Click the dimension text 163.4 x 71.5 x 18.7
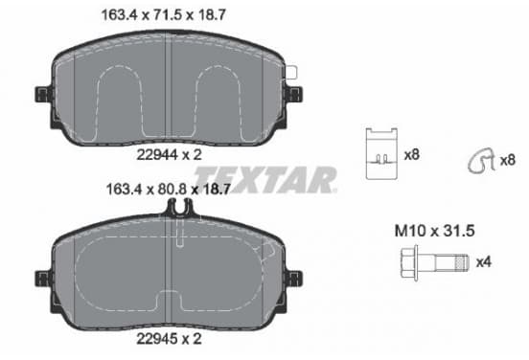pos(164,15)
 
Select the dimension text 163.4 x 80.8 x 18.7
pos(168,190)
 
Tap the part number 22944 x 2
pos(169,155)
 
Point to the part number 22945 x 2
pos(169,338)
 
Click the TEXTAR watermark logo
pos(265,180)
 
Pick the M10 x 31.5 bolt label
pos(434,231)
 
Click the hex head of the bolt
pos(409,263)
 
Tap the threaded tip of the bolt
pos(462,263)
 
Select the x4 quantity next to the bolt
pos(483,262)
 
